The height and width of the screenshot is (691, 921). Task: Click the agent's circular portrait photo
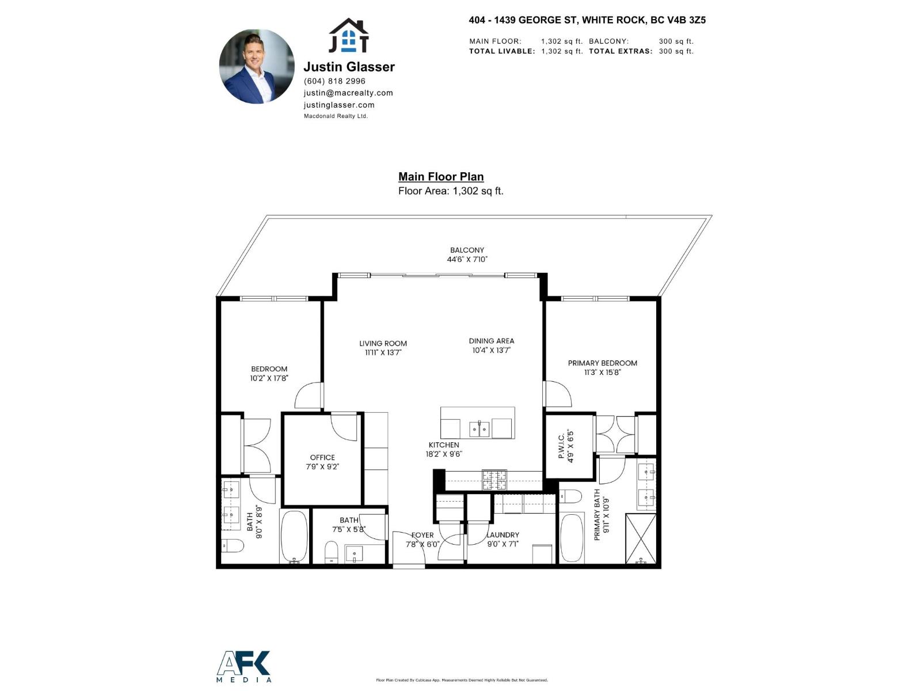[257, 67]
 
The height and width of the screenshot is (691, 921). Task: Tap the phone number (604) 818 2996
[334, 81]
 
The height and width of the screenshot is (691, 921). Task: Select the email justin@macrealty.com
[348, 93]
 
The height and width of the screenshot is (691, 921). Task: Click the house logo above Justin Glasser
[348, 36]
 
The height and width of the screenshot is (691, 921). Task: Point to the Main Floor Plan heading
[441, 177]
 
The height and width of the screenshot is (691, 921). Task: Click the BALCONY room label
[467, 250]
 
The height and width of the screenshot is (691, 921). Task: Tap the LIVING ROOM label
[383, 343]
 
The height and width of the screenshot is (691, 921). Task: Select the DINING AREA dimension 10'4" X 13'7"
[492, 350]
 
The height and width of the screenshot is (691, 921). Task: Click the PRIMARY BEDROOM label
[602, 363]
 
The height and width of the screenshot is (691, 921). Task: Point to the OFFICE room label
[322, 457]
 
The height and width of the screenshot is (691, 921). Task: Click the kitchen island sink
[479, 429]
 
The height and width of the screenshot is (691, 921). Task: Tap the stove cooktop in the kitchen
[494, 480]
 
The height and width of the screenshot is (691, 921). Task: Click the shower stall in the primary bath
[641, 538]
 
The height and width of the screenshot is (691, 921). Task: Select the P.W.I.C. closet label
[561, 446]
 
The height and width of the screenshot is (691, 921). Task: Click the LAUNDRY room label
[503, 535]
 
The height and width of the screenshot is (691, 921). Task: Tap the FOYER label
[423, 535]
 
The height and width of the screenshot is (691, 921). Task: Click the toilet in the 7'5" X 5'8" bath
[332, 552]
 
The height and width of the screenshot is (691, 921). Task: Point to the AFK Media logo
[244, 666]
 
